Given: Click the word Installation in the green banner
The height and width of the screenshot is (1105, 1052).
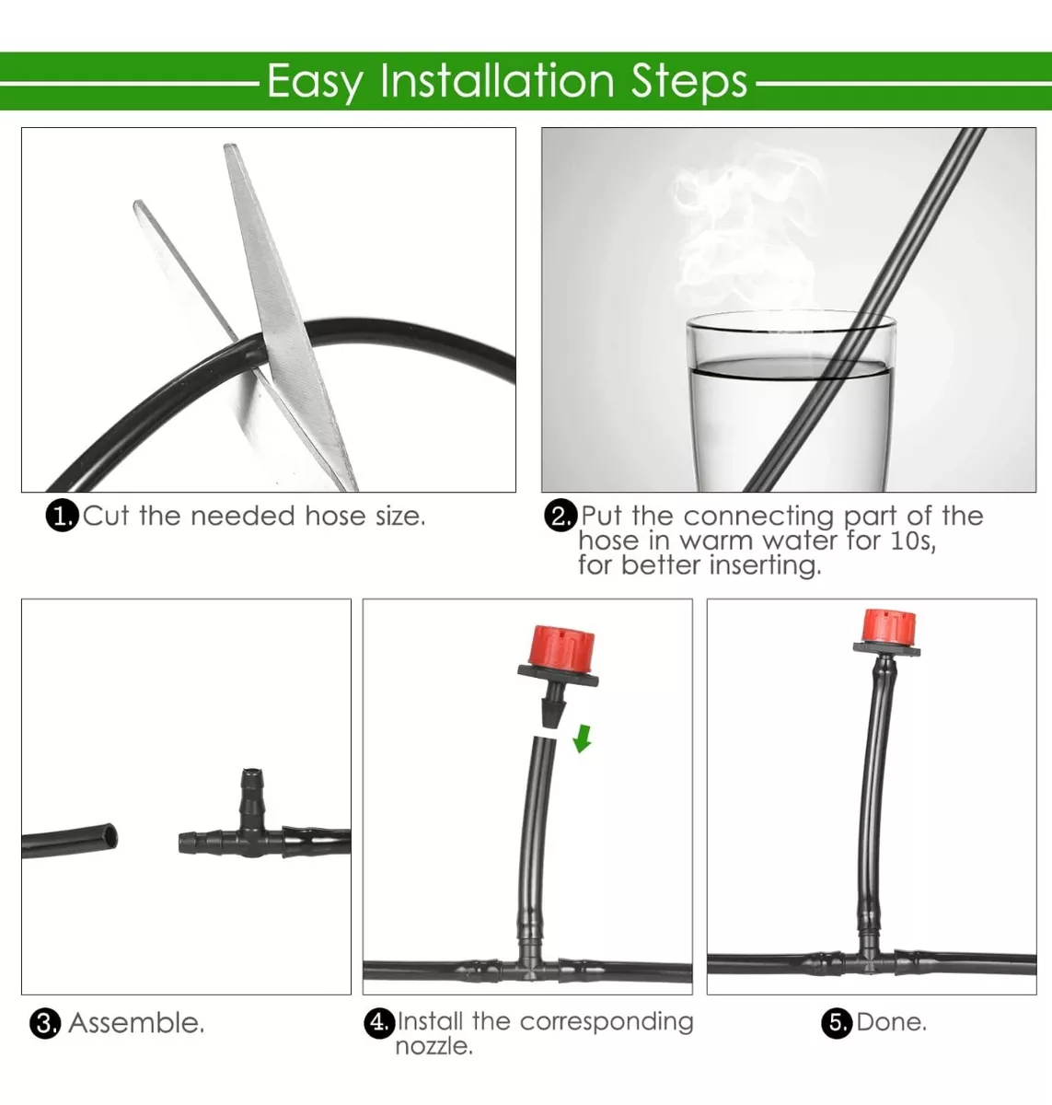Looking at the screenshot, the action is coord(497,82).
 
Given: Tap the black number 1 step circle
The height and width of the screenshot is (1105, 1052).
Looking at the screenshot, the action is coord(62,516).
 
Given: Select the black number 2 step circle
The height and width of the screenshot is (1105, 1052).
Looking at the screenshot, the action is coord(561,515).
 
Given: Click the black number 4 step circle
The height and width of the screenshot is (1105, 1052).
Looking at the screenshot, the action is coord(379,1021).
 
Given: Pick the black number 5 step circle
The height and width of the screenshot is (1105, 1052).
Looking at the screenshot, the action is coord(837,1022).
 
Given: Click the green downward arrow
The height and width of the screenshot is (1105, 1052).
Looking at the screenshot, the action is coord(583,739).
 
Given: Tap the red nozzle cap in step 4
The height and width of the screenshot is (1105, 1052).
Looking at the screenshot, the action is coord(561,646).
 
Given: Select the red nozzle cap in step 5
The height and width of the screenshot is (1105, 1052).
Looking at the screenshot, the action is coord(888,626).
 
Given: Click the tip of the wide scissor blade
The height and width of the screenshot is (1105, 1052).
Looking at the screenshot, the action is coord(231,145).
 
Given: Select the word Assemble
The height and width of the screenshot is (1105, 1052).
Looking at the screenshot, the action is coord(136,1023).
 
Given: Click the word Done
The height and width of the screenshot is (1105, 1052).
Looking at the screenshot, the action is coord(891,1022).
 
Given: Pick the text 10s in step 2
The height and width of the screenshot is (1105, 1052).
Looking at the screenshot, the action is coord(913,541).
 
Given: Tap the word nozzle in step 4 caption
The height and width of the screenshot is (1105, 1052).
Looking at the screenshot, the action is coord(434,1047).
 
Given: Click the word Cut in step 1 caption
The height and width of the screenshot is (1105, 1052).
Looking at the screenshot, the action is coord(106,516).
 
